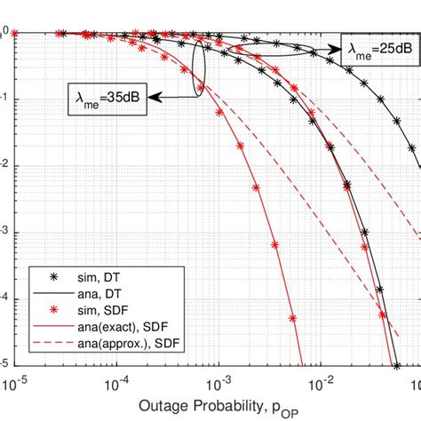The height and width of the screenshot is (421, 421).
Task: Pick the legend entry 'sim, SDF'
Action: (89, 310)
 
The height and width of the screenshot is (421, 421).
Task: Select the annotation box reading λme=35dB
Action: (106, 94)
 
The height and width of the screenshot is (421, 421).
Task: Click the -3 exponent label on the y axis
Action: (4, 233)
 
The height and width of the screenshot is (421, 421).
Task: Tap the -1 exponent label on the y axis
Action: (4, 99)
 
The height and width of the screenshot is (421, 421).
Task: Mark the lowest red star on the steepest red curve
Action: (294, 317)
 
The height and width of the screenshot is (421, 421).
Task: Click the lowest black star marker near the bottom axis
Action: (397, 364)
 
